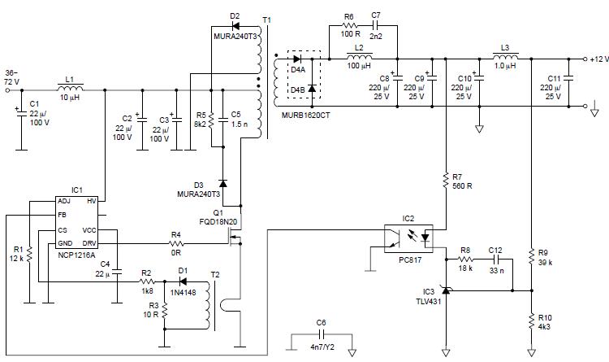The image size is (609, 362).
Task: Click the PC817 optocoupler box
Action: [x=408, y=239]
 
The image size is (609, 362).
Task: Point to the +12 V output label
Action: [x=598, y=59]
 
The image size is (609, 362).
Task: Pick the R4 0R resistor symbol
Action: [x=175, y=242]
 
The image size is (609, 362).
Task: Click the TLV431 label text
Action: [x=427, y=300]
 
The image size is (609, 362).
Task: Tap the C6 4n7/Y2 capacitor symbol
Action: [x=322, y=334]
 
